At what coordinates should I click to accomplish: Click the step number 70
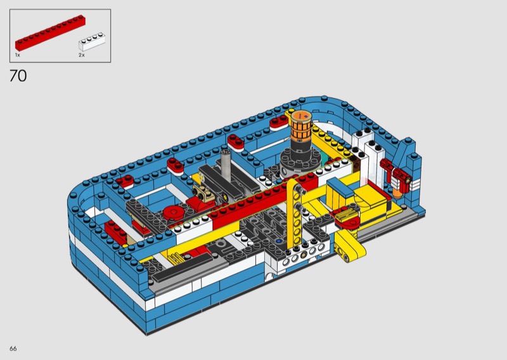click(18, 76)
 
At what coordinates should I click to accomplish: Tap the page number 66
click(13, 349)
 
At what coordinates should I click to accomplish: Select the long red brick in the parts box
click(51, 32)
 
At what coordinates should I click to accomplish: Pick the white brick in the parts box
click(92, 41)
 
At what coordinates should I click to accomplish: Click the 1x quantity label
click(18, 55)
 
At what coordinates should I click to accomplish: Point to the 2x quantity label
click(82, 55)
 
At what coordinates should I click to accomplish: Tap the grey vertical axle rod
click(226, 165)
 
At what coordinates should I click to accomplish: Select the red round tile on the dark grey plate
click(174, 213)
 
